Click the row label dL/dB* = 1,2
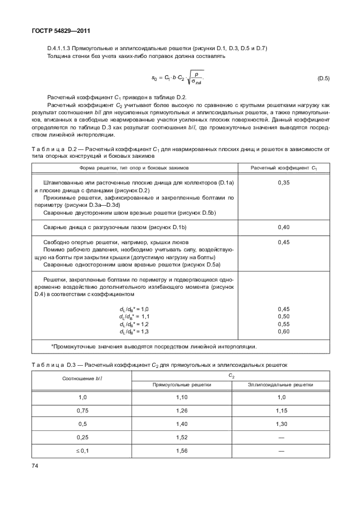134,324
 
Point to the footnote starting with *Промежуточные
153,346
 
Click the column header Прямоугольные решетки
182,385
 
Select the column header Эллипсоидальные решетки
280,385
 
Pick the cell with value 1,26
182,411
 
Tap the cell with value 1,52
182,438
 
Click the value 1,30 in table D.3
280,424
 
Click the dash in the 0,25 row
280,438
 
